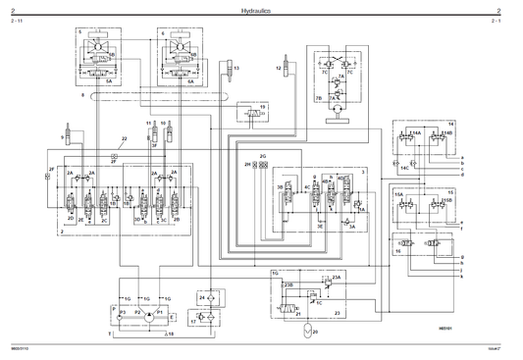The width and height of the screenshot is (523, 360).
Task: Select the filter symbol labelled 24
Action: pyautogui.click(x=203, y=297)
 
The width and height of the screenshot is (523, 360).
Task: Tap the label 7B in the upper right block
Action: pyautogui.click(x=318, y=98)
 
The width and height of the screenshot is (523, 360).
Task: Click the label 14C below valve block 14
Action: pyautogui.click(x=403, y=167)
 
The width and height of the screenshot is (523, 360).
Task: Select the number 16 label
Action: pyautogui.click(x=398, y=250)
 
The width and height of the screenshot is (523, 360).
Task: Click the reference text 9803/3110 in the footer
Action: pyautogui.click(x=20, y=347)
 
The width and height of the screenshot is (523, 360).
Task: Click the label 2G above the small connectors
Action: pyautogui.click(x=263, y=156)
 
